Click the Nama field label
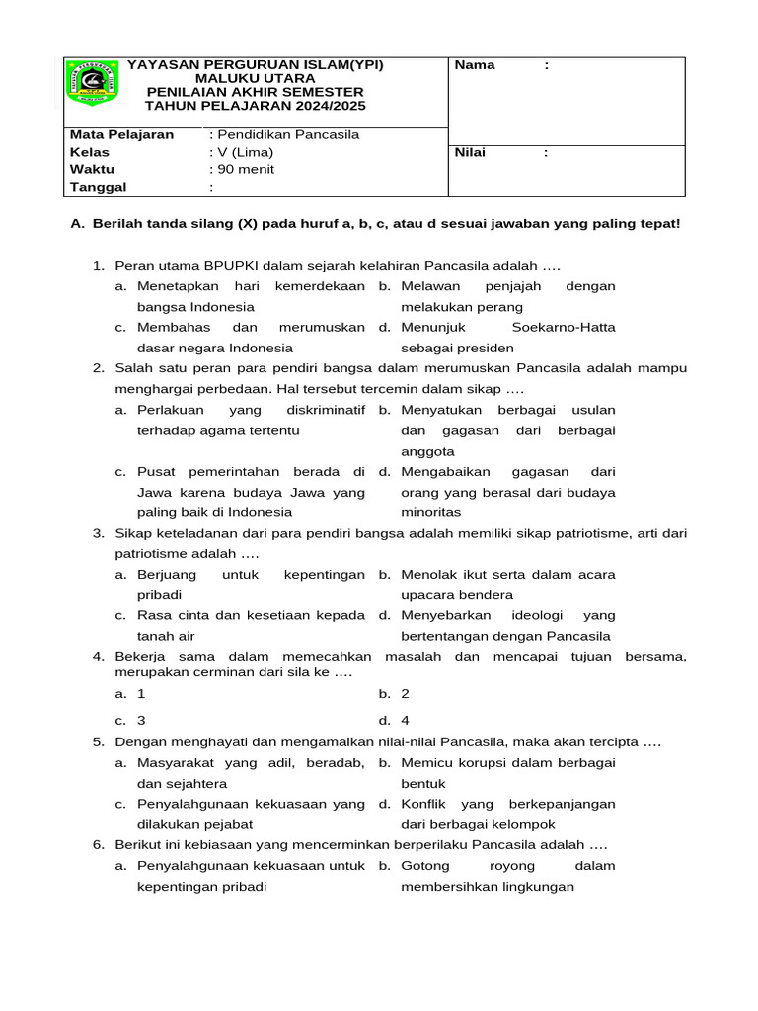(474, 65)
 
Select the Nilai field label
(470, 153)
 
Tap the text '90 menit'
(246, 169)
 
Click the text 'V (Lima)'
(245, 152)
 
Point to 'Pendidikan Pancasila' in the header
(287, 134)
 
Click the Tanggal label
(99, 187)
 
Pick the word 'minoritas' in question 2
(431, 512)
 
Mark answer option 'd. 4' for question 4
(399, 720)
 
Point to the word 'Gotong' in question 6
(425, 866)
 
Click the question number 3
(99, 533)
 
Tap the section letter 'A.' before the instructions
(78, 224)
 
